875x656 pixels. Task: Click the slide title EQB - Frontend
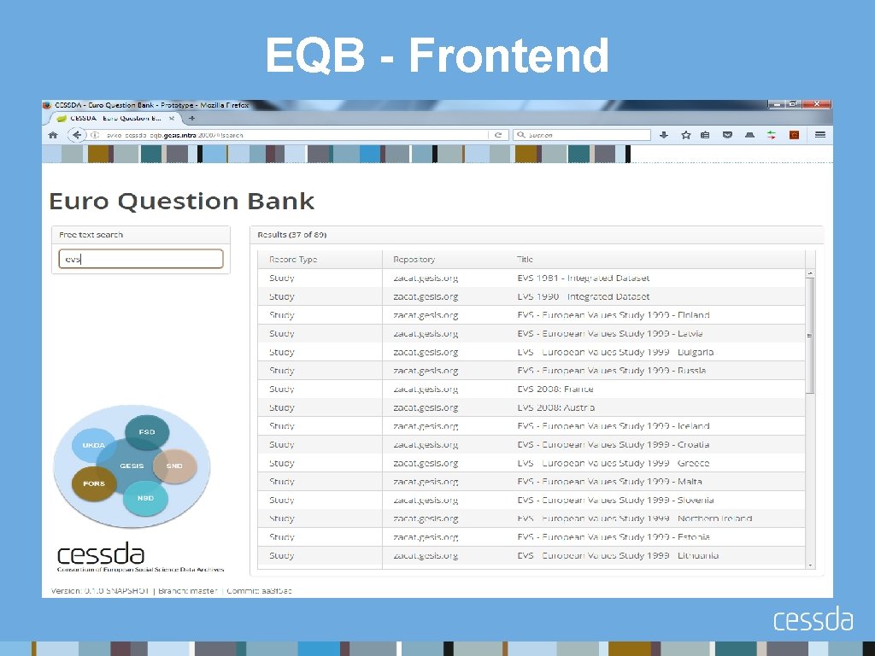[437, 56]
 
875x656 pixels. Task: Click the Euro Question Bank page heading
[181, 202]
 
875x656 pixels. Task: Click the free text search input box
[141, 259]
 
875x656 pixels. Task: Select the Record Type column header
[293, 259]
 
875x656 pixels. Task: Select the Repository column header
[414, 259]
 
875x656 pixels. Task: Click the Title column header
[525, 259]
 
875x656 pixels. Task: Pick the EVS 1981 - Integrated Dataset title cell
[583, 278]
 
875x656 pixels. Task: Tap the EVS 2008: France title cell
[555, 389]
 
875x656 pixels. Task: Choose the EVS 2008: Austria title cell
[555, 407]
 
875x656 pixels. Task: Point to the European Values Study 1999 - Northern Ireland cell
[634, 518]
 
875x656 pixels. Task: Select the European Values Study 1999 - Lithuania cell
[617, 555]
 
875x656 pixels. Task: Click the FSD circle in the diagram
[147, 432]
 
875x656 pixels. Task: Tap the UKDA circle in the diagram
[94, 445]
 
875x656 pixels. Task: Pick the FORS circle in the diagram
[94, 483]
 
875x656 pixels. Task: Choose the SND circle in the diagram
[174, 466]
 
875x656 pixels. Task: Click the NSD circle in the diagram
[146, 497]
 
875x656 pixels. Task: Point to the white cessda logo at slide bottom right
[813, 619]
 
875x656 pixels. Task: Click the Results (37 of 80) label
[293, 235]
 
